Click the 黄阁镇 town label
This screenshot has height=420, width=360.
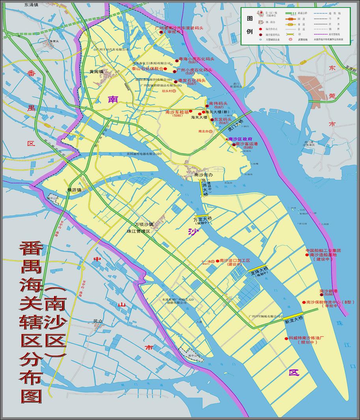pyautogui.click(x=96, y=72)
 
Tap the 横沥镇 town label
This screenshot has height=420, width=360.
pyautogui.click(x=74, y=189)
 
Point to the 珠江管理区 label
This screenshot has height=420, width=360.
pyautogui.click(x=138, y=231)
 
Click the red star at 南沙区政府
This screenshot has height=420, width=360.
pyautogui.click(x=226, y=139)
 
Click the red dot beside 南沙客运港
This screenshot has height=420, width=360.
pyautogui.click(x=234, y=144)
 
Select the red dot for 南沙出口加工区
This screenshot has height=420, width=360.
pyautogui.click(x=217, y=261)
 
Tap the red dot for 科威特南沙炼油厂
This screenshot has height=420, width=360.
pyautogui.click(x=286, y=338)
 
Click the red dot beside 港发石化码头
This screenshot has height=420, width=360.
pyautogui.click(x=175, y=81)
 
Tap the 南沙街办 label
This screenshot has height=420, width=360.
pyautogui.click(x=204, y=174)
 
